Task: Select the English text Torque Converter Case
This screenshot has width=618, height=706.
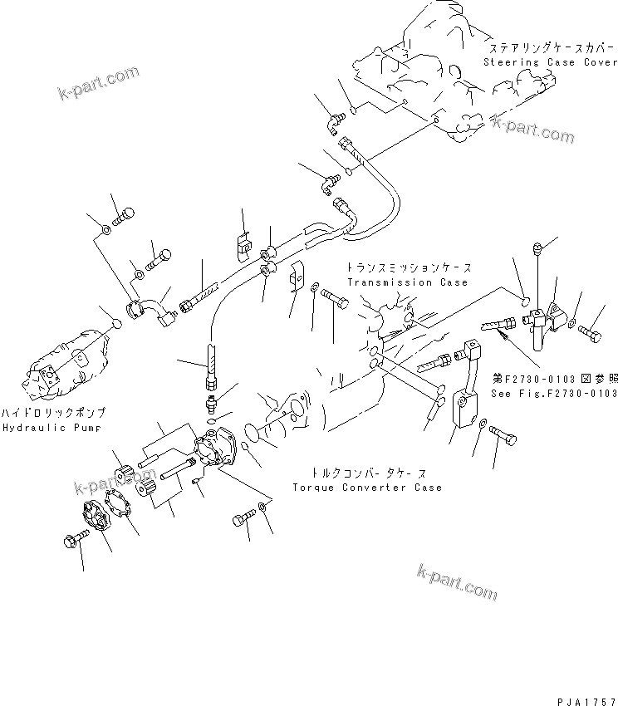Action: (367, 488)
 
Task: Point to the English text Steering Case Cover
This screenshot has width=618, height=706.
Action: (550, 62)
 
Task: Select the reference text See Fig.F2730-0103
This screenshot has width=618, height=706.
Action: (553, 393)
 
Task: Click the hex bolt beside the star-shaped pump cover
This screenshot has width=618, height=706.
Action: (70, 541)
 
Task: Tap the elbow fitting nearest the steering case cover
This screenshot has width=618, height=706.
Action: (335, 122)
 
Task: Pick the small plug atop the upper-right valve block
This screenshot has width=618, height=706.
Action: (537, 248)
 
